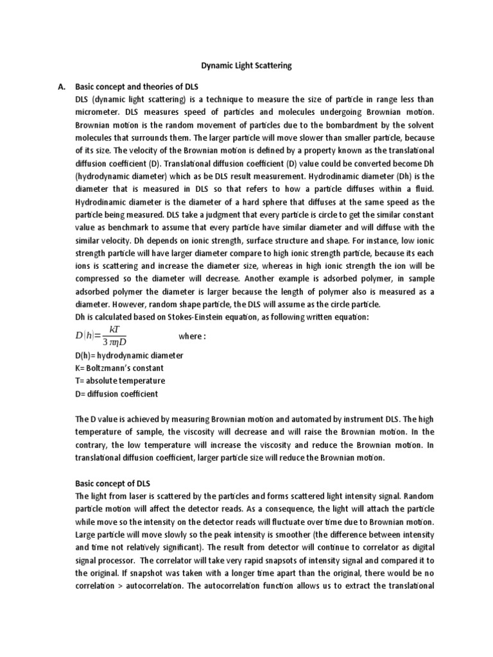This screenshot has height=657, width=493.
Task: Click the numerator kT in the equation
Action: click(x=116, y=330)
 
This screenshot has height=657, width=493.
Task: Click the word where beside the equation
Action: click(x=192, y=336)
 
